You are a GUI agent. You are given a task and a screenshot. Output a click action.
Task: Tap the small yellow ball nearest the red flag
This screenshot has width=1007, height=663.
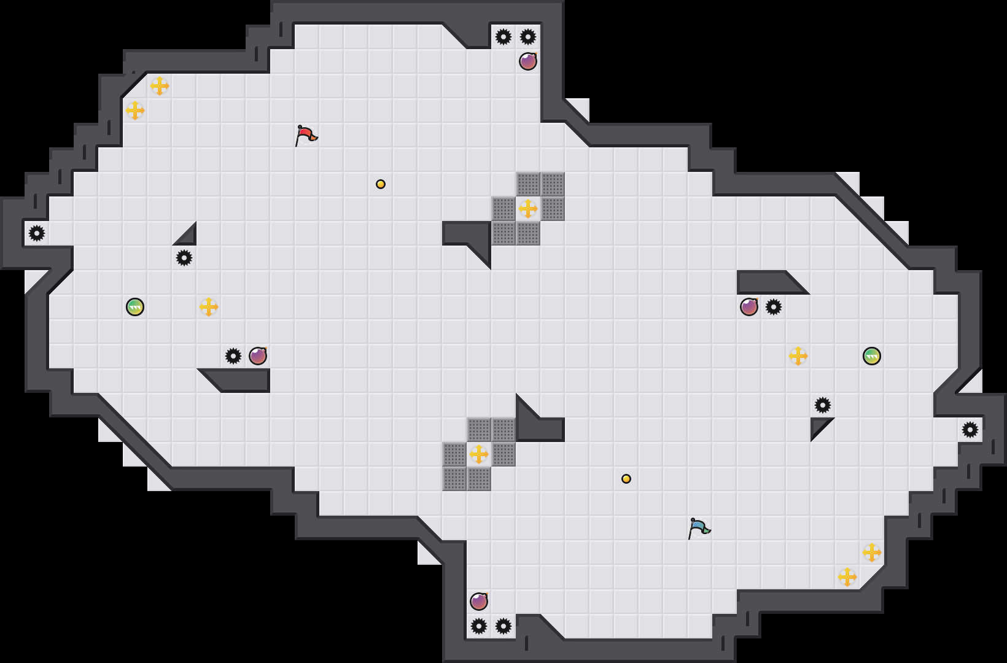pos(381,184)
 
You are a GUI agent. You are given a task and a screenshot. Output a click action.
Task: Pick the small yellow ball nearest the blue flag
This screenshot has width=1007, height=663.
pos(626,479)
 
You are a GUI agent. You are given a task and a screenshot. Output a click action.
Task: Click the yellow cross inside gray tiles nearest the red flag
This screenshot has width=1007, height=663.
pos(528,209)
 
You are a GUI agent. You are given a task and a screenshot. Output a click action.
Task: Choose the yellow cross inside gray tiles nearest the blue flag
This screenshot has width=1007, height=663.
pos(479,454)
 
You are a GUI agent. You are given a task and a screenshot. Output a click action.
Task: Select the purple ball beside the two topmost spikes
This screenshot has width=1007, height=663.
pos(528,61)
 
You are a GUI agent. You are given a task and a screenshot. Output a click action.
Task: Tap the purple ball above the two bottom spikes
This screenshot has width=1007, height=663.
pos(479,602)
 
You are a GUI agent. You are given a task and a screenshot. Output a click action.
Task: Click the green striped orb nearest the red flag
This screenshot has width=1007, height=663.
pos(135,307)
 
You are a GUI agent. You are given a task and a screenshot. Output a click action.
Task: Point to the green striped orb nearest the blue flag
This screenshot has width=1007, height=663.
pos(872,356)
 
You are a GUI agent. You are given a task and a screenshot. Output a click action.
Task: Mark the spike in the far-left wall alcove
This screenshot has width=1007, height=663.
pos(37,233)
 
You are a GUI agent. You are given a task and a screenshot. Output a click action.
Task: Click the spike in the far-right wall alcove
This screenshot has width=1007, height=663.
pos(970,430)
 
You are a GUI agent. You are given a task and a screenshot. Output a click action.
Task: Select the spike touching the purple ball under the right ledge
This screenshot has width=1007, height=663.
pos(774,307)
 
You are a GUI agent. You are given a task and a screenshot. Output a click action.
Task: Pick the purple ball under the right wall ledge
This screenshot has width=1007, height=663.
pos(749,307)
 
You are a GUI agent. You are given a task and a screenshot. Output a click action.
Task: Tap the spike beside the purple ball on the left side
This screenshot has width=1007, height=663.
pos(233,356)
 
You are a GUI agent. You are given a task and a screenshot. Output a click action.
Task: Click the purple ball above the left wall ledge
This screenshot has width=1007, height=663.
pos(258,356)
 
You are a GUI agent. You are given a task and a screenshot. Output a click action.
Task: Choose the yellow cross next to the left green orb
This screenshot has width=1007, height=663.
pos(209,307)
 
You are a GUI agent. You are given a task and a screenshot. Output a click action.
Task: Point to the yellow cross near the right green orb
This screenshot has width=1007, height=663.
pos(798,356)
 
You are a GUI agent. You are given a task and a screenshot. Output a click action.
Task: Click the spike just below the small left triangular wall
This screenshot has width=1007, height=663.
pos(184,258)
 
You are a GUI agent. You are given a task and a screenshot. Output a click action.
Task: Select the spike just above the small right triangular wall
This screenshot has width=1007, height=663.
pos(823,405)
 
